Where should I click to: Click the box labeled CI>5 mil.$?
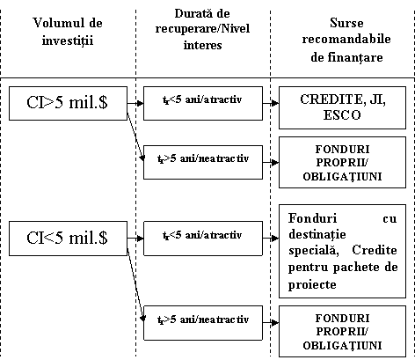pyautogui.click(x=68, y=103)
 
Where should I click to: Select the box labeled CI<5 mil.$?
pyautogui.click(x=68, y=239)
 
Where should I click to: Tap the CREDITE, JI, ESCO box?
pyautogui.click(x=342, y=107)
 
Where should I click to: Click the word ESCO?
pyautogui.click(x=342, y=115)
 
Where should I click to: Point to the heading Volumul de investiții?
pyautogui.click(x=68, y=31)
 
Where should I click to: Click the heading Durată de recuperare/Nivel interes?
pyautogui.click(x=202, y=29)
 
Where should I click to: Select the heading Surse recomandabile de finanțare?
pyautogui.click(x=346, y=40)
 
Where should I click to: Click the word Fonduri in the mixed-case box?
pyautogui.click(x=312, y=218)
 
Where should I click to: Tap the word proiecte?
pyautogui.click(x=312, y=284)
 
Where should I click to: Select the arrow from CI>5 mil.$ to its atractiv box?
pyautogui.click(x=135, y=103)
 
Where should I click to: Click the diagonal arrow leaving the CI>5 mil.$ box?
pyautogui.click(x=135, y=136)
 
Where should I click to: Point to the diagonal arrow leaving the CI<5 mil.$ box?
pyautogui.click(x=135, y=284)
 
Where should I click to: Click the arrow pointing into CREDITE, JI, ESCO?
pyautogui.click(x=271, y=103)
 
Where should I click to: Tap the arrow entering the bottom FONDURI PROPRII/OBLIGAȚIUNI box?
pyautogui.click(x=271, y=323)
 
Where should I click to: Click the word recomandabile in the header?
pyautogui.click(x=346, y=40)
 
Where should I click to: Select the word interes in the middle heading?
pyautogui.click(x=202, y=45)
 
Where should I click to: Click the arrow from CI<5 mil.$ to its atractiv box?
pyautogui.click(x=135, y=239)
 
